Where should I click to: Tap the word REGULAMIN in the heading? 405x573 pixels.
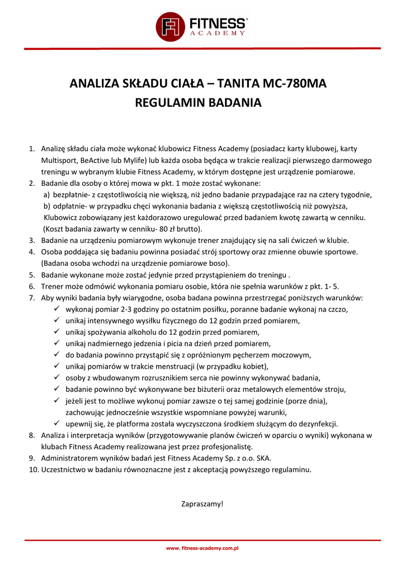pyautogui.click(x=171, y=103)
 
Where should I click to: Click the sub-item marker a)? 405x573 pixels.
pyautogui.click(x=47, y=195)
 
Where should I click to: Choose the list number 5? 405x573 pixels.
pyautogui.click(x=32, y=275)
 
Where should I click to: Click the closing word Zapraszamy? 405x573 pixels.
pyautogui.click(x=202, y=504)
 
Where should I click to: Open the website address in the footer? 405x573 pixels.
pyautogui.click(x=202, y=548)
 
